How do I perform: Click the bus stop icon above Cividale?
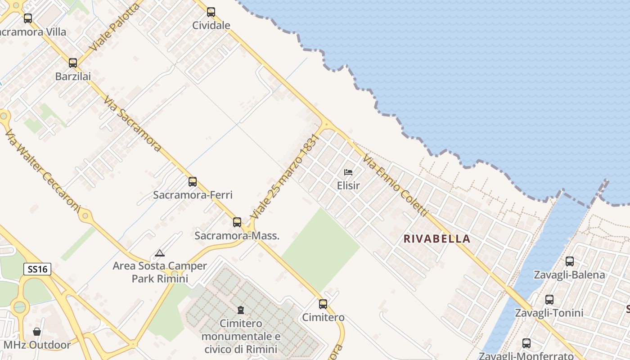tap(211, 12)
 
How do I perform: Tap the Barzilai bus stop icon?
tap(73, 63)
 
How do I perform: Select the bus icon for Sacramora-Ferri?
tap(193, 182)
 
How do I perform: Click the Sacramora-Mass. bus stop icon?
tap(237, 222)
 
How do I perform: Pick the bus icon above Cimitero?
tap(323, 304)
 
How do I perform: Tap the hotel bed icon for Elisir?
tap(348, 172)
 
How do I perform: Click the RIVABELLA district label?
tap(437, 239)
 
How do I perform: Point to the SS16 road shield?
tap(37, 269)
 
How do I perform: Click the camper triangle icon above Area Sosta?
tap(160, 253)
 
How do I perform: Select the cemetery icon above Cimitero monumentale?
tap(241, 310)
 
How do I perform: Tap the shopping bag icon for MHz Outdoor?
tap(37, 332)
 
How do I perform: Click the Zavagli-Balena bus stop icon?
tap(570, 261)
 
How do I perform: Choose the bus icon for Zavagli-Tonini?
tap(549, 300)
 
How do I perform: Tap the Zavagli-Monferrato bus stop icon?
tap(526, 343)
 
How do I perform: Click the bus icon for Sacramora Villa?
tap(28, 18)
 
